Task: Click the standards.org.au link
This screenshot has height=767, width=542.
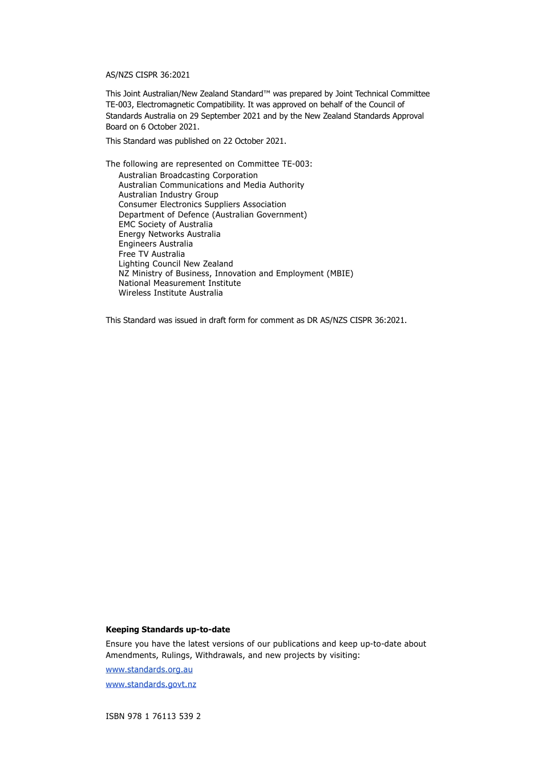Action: (149, 669)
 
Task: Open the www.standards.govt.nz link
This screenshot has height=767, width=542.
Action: (151, 684)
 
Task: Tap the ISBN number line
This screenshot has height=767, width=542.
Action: (153, 716)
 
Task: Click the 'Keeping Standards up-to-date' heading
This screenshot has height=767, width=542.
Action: (168, 629)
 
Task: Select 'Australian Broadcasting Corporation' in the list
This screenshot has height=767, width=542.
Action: (188, 175)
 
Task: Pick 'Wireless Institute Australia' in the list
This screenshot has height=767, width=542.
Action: (171, 293)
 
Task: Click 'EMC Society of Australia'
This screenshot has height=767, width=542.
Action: (165, 224)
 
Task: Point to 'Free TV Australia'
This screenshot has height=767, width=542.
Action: (151, 254)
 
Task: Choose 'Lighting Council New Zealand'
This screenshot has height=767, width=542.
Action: (176, 264)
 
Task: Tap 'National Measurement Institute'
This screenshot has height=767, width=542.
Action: (180, 283)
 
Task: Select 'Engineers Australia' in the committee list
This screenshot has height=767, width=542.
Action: (155, 244)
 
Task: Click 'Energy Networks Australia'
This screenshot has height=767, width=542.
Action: (169, 234)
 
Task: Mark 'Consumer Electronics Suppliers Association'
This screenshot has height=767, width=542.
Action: (202, 204)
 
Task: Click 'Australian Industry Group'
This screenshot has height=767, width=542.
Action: (168, 195)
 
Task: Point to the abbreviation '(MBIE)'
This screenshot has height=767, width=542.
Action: (340, 273)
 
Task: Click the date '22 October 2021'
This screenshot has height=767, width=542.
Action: (254, 141)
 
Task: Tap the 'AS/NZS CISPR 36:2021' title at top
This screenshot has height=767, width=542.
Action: (148, 75)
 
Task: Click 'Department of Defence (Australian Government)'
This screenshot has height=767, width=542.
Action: (212, 215)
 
